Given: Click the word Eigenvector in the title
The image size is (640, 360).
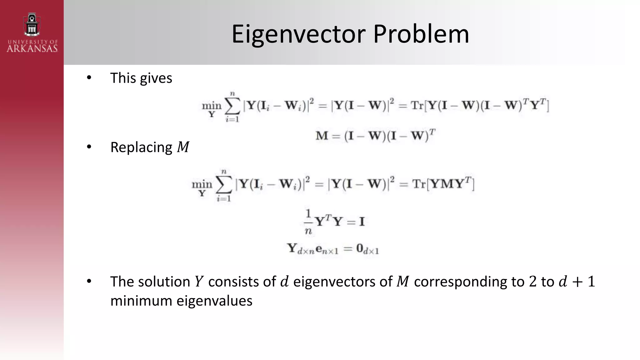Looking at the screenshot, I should click(298, 34).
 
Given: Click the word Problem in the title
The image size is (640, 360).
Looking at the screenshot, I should click(421, 34).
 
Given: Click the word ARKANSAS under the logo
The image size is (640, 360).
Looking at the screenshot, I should click(32, 48).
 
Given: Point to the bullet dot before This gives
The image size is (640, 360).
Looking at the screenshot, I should click(89, 77).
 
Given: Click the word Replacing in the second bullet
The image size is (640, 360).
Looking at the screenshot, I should click(141, 147).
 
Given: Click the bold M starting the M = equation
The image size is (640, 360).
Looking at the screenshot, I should click(322, 136).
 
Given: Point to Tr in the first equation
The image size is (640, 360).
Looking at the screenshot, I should click(417, 105).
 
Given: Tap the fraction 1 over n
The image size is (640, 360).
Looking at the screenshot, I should click(308, 222).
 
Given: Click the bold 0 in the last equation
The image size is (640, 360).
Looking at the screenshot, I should click(360, 248).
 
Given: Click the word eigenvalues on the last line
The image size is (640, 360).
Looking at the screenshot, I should click(214, 301).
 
